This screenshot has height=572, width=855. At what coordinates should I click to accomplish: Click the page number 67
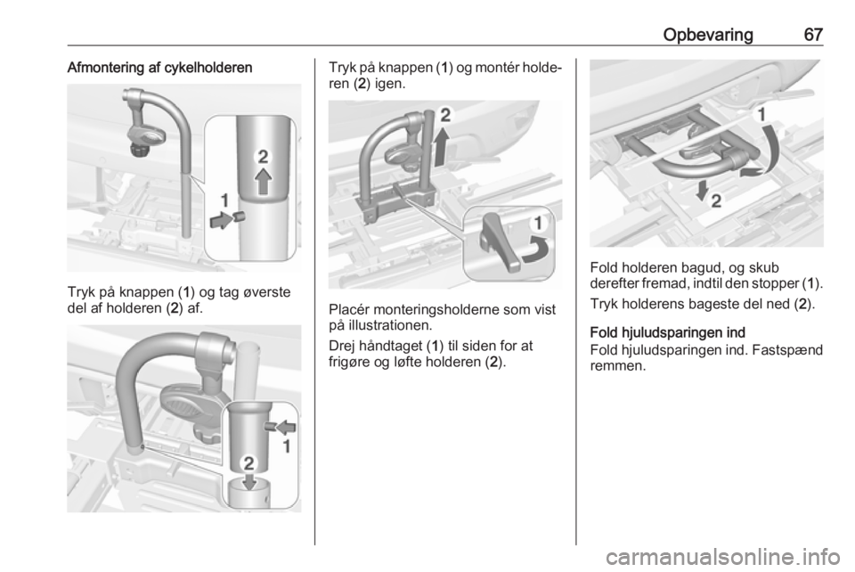tap(813, 35)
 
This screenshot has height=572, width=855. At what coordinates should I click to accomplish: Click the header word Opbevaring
tap(708, 35)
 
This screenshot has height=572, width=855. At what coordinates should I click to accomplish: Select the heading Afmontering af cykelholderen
tap(159, 68)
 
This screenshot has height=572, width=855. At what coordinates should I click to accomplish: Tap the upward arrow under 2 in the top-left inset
tap(264, 181)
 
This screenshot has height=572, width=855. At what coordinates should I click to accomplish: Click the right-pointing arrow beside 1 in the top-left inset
tap(221, 220)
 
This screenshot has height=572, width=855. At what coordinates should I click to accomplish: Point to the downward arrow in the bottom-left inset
tap(249, 480)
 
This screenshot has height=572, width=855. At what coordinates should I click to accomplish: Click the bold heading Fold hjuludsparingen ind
tap(667, 332)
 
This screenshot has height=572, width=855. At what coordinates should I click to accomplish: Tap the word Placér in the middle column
tap(351, 310)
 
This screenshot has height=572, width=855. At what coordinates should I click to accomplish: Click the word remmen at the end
tap(618, 366)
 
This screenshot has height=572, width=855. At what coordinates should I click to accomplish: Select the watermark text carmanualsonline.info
tap(722, 557)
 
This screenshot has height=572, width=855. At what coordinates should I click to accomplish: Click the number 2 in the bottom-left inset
tap(248, 463)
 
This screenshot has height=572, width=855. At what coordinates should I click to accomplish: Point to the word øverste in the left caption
tap(265, 292)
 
